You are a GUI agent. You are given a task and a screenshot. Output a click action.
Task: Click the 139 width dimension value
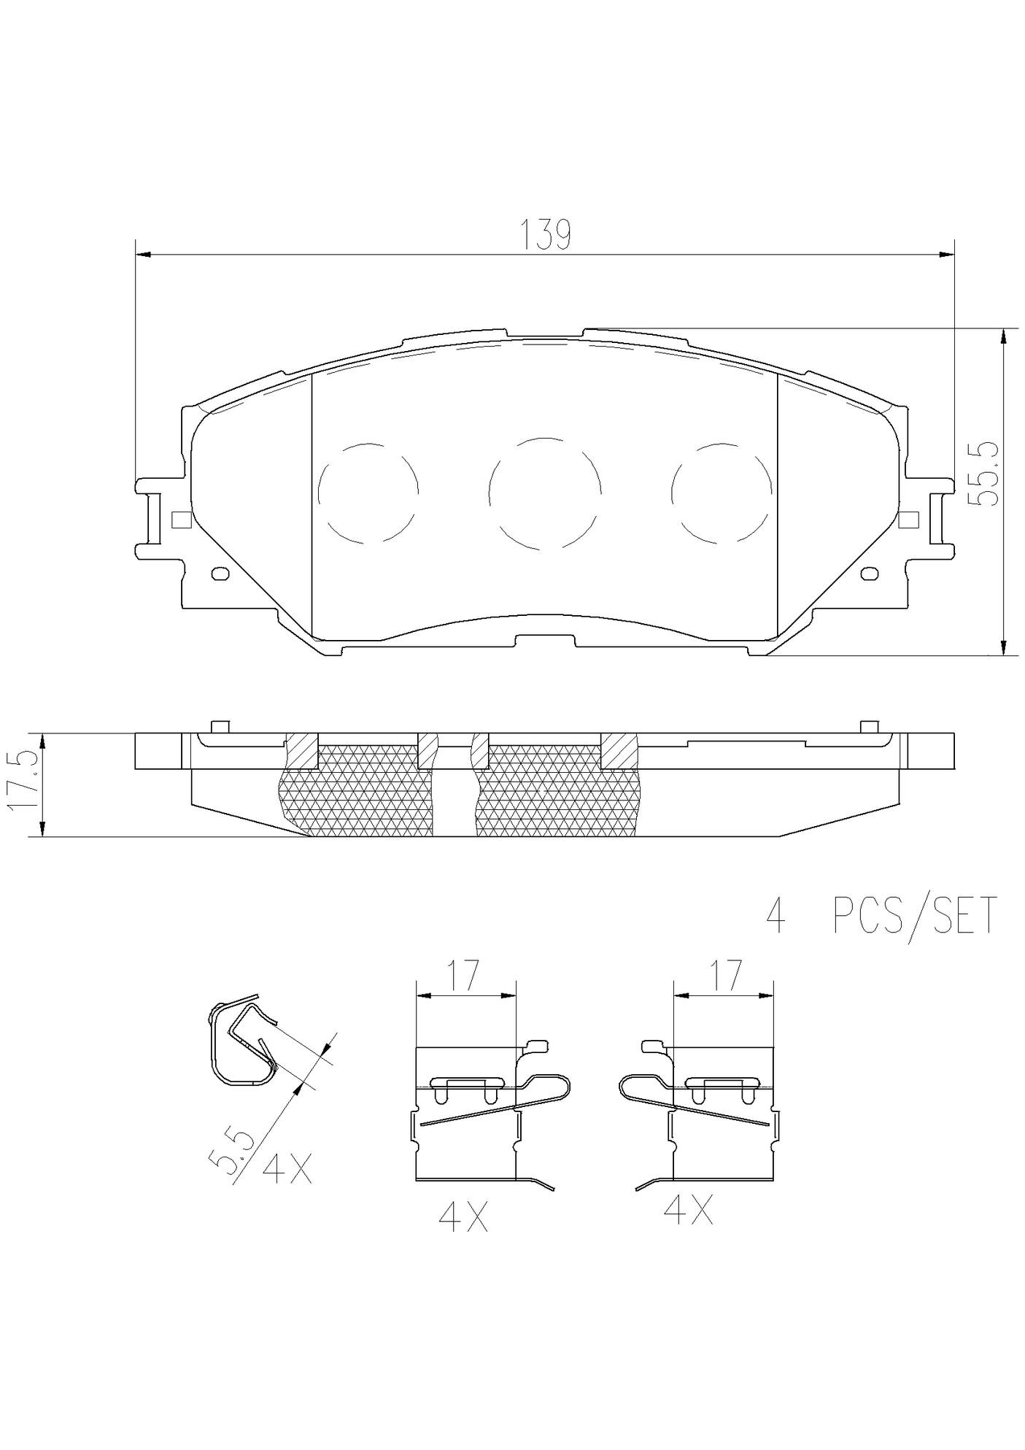coord(545,235)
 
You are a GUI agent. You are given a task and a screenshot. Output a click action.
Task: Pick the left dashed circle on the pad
coord(369,493)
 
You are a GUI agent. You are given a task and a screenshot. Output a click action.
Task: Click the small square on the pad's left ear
coord(180,520)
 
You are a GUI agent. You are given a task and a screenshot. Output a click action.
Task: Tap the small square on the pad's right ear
coord(908,520)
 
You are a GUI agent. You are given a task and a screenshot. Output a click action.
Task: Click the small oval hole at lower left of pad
coord(220,574)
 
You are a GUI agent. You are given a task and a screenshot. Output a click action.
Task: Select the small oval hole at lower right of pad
coord(870,574)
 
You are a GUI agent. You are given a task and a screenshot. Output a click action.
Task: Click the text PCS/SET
coord(915,916)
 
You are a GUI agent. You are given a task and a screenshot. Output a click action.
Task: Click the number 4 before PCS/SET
coord(776,917)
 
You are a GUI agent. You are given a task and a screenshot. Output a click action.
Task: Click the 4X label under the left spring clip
coord(463,1217)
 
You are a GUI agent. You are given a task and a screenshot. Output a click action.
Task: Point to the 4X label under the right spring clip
coord(687,1211)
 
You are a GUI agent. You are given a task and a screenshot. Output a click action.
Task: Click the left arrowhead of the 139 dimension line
coord(143,255)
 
